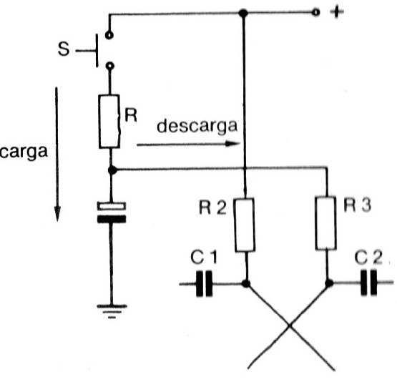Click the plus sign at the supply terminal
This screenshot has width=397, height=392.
click(337, 12)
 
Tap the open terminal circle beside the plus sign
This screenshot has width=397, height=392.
click(315, 12)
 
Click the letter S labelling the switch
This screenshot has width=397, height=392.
click(63, 49)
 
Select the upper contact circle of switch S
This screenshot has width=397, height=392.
click(109, 35)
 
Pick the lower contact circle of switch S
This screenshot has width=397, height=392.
click(109, 66)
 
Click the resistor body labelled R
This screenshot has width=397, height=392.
click(109, 121)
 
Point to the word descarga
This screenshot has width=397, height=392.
click(197, 126)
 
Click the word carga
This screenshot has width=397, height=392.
click(24, 152)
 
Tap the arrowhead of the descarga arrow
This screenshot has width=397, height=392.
click(232, 144)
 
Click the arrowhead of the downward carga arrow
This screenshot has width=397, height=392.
click(57, 214)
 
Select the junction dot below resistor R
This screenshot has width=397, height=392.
click(112, 170)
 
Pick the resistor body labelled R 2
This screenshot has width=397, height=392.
click(245, 225)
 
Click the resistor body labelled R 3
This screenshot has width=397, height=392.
click(326, 223)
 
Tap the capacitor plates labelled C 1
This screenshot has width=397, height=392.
click(204, 283)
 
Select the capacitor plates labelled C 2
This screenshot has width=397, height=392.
click(368, 283)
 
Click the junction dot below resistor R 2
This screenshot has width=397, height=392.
click(246, 283)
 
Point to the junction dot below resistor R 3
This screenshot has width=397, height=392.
click(329, 283)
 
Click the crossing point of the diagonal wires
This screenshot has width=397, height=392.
click(290, 326)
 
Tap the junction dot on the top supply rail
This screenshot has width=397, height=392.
click(243, 13)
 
